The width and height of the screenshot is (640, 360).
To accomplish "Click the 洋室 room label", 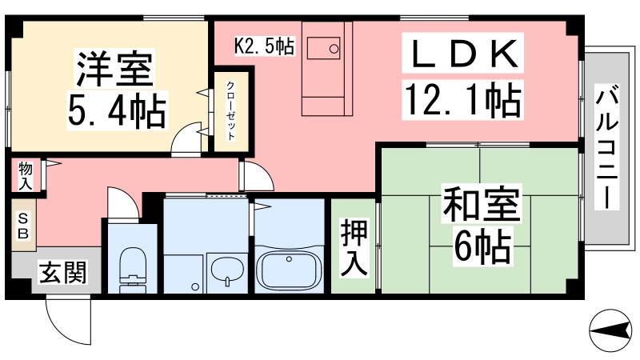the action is pos(114,69).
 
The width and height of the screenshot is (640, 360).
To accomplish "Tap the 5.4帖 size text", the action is pos(117,110).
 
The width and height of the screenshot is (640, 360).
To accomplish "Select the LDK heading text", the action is pos(463,53).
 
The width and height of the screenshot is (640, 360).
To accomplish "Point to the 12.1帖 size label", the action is pos(463,99).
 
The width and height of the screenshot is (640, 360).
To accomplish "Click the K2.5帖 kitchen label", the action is pos(265,46).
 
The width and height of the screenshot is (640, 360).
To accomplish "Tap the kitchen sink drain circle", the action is pos(334,49).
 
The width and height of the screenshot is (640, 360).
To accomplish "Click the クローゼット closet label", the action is pos(230,110).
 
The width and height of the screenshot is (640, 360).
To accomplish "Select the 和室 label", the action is pos(482,204).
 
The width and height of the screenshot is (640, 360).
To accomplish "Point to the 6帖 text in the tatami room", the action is pos(483,246).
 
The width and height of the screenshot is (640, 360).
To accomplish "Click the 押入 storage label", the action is pos(354,247).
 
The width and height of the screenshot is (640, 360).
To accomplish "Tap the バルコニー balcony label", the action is pos(606,147).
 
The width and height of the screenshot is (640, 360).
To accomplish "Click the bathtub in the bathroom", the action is pos(289,269).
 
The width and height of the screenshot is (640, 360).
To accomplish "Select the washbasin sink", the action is pos(226,270).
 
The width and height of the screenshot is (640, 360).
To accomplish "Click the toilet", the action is pos(133,270).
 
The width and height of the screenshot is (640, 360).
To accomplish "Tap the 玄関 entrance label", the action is pos(63,273).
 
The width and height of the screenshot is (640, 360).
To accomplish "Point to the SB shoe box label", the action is pos(23,226).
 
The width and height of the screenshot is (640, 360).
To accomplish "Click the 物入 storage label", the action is pos(26,176).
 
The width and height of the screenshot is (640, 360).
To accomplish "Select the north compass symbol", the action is pos(610,330).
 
